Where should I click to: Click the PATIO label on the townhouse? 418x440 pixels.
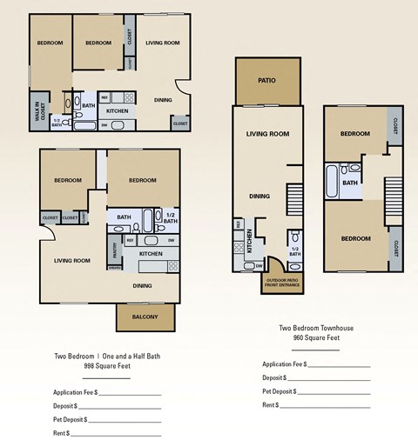tap(266, 81)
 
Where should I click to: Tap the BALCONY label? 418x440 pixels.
tap(145, 317)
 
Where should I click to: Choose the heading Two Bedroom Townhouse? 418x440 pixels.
tap(315, 328)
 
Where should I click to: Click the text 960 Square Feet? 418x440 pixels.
tap(315, 337)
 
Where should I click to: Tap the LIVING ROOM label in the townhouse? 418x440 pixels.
tap(267, 134)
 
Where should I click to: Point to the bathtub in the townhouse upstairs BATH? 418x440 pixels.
tap(333, 183)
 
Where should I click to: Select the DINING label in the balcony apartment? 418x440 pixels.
tap(143, 285)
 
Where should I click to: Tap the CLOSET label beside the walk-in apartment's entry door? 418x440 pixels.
tap(179, 123)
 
